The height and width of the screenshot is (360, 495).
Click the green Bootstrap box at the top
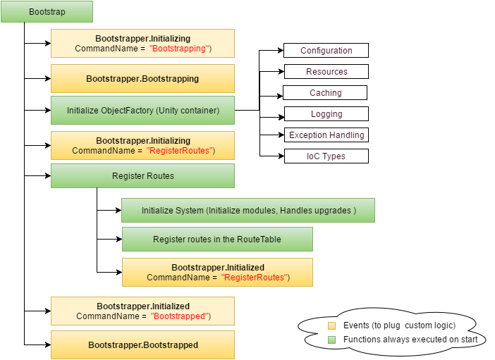47,12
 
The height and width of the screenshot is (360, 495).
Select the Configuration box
326,51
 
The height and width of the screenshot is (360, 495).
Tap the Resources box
326,72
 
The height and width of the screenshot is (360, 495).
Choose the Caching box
325,93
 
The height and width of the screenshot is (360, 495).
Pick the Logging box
326,114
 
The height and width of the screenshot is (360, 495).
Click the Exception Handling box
326,135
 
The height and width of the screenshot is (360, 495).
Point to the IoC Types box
326,156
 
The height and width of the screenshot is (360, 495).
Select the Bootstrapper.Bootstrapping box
142,79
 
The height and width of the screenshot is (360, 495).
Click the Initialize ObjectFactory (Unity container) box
142,111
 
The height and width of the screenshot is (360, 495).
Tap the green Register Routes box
142,175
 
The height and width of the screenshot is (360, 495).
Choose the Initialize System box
248,211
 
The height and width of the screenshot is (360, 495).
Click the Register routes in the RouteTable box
217,240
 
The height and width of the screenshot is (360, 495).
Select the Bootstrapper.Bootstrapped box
142,345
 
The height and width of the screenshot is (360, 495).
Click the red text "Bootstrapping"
181,49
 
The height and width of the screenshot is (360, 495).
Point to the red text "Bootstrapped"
181,316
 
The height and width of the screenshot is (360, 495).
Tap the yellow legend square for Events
332,325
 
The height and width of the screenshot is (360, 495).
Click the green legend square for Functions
332,340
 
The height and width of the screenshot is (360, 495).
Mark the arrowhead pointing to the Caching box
280,93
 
